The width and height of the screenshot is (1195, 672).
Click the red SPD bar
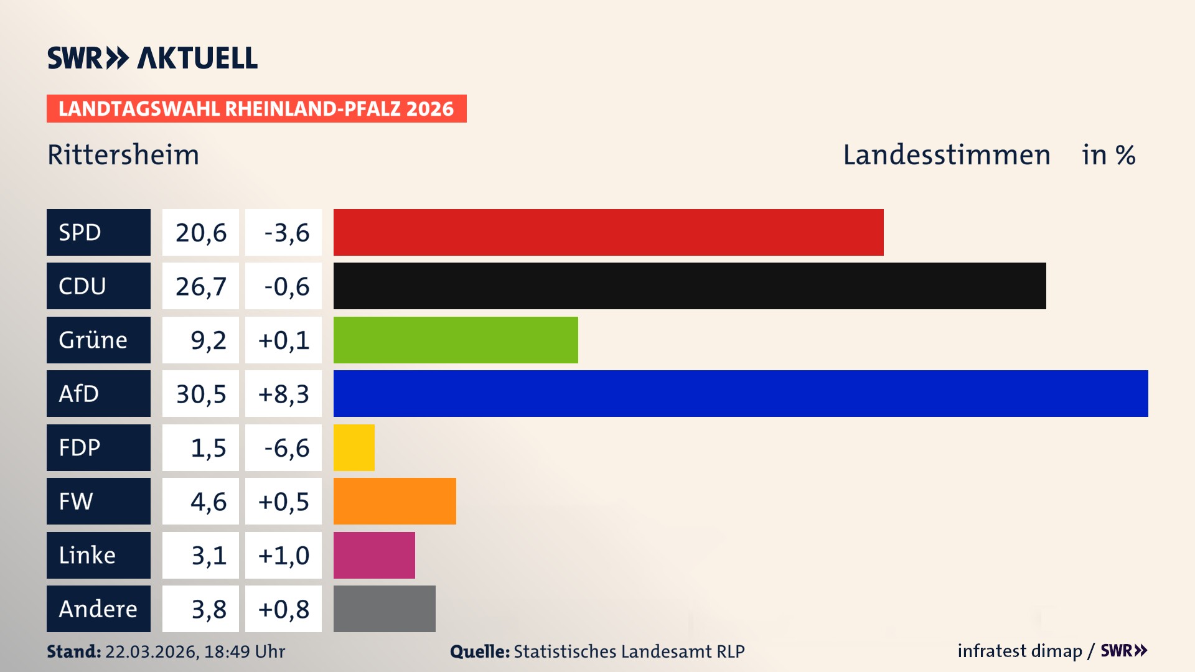[608, 232]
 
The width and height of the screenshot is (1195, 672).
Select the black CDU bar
[690, 286]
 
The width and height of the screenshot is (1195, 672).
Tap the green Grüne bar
[456, 340]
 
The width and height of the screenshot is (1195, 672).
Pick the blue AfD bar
[741, 393]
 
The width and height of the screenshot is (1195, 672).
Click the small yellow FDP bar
[354, 447]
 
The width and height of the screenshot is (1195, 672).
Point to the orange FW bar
[395, 501]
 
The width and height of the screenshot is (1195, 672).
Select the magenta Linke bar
[374, 555]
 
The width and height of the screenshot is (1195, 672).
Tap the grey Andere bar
[384, 609]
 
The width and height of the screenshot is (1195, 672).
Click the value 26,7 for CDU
[200, 286]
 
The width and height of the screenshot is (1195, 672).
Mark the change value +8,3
[283, 393]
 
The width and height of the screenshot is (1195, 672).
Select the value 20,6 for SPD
[200, 232]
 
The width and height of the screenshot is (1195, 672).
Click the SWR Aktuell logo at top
[152, 58]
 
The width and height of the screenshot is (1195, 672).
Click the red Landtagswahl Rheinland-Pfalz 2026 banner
[256, 108]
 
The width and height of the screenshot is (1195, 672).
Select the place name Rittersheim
[123, 155]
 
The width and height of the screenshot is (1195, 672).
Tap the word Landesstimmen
[946, 155]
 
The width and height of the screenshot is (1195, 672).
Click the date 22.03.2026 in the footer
[151, 651]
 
